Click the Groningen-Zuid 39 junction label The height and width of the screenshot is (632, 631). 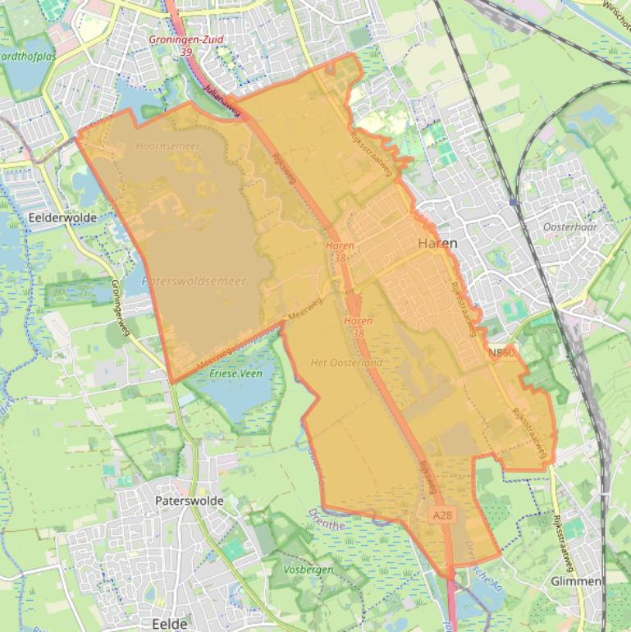[x=185, y=44]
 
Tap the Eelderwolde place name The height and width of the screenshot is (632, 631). [x=62, y=218]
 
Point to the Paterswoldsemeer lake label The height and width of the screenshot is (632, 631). [x=194, y=281]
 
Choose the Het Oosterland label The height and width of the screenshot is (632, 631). [x=347, y=362]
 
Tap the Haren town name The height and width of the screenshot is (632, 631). [x=437, y=244]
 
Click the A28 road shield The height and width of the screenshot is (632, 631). [x=441, y=515]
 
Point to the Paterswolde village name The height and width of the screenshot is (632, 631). [x=190, y=500]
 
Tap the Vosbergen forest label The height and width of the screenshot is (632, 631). [x=307, y=569]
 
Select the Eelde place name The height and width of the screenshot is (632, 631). [x=170, y=624]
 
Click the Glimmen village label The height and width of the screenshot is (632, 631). [x=578, y=580]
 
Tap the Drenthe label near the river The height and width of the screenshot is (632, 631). [x=327, y=516]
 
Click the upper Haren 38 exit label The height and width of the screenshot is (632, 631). [x=340, y=250]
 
